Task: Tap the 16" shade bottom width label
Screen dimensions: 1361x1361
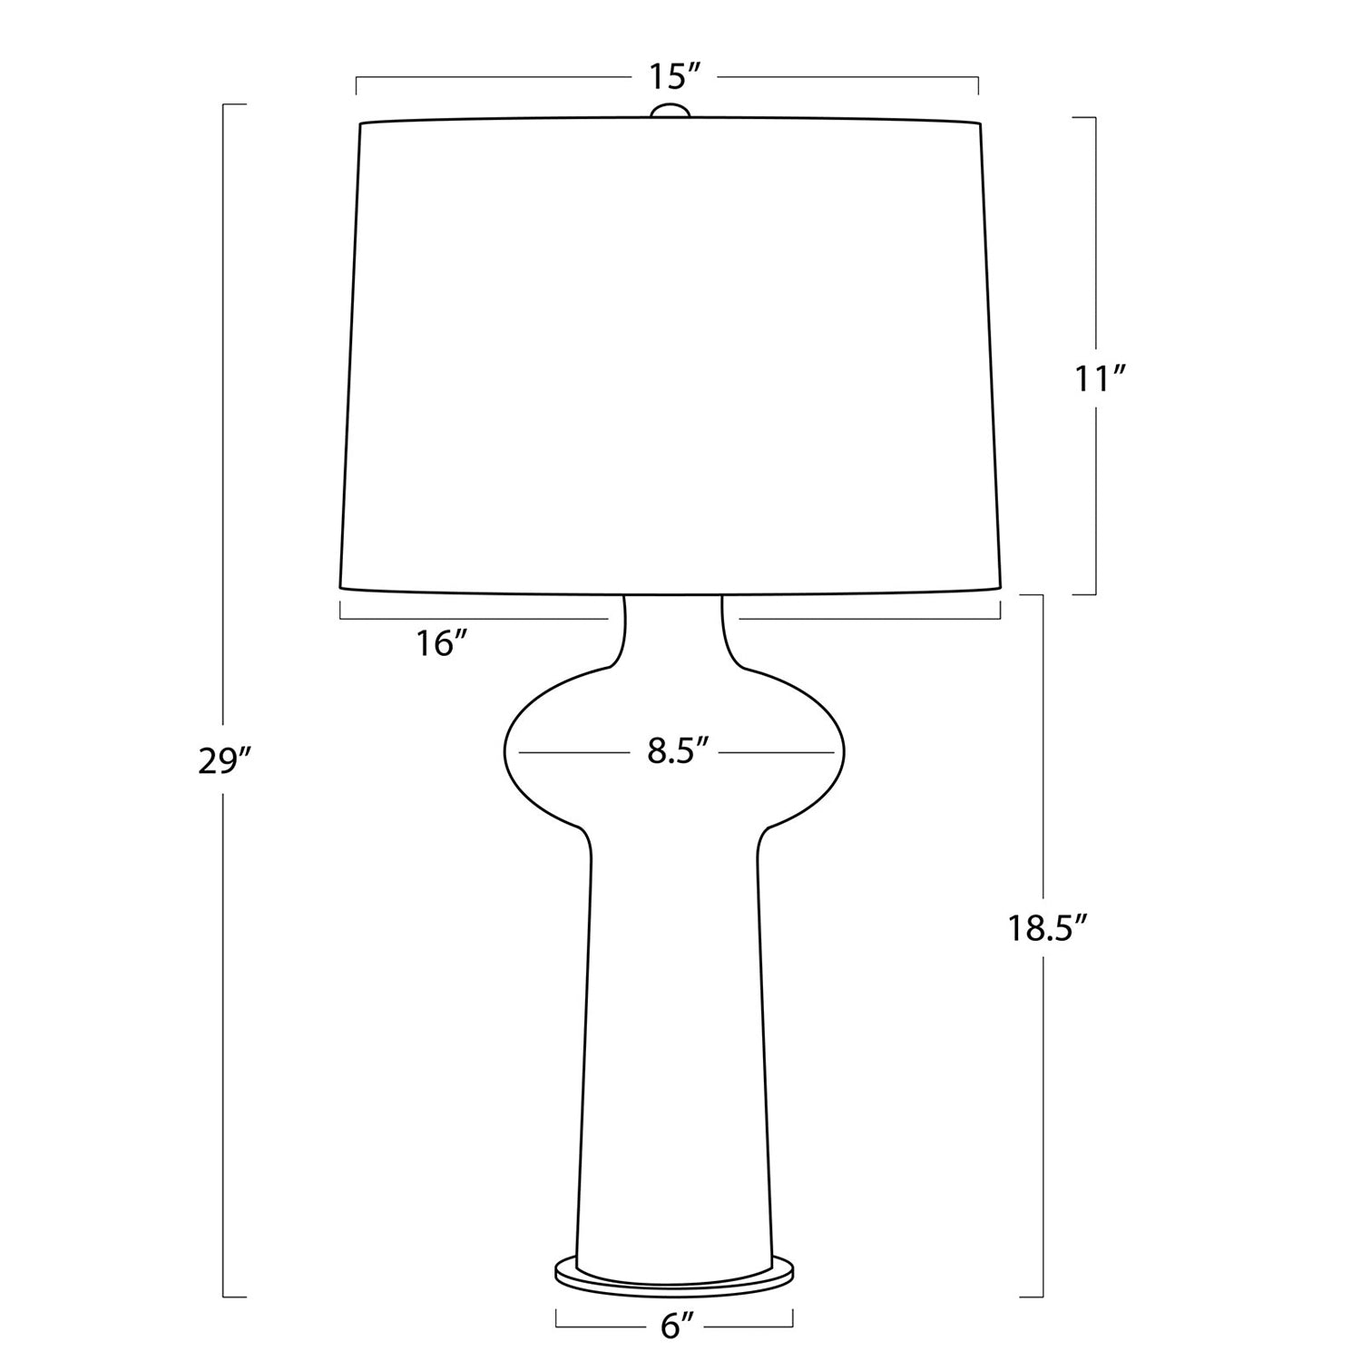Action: coord(441,644)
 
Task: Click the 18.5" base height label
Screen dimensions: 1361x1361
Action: coord(1046,928)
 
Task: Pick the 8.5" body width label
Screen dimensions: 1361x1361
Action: coord(677,752)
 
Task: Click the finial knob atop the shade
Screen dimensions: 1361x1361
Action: coord(671,111)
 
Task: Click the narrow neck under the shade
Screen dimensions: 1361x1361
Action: coord(672,626)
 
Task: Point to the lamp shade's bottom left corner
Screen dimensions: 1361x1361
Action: coord(341,586)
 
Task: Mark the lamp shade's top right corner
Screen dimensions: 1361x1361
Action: coord(980,123)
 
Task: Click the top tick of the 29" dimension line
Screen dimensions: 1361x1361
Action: coord(234,105)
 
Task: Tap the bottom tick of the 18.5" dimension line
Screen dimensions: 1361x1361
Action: coord(1033,1297)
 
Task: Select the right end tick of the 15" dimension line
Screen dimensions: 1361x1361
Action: coord(977,85)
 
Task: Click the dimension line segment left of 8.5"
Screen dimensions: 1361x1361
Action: coord(572,752)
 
